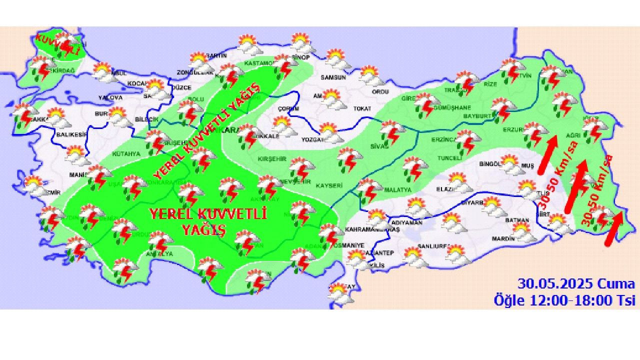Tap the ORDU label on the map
380,91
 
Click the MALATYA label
397,190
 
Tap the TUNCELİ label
449,158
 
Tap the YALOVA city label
110,97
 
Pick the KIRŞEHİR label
271,158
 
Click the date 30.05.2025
555,284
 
